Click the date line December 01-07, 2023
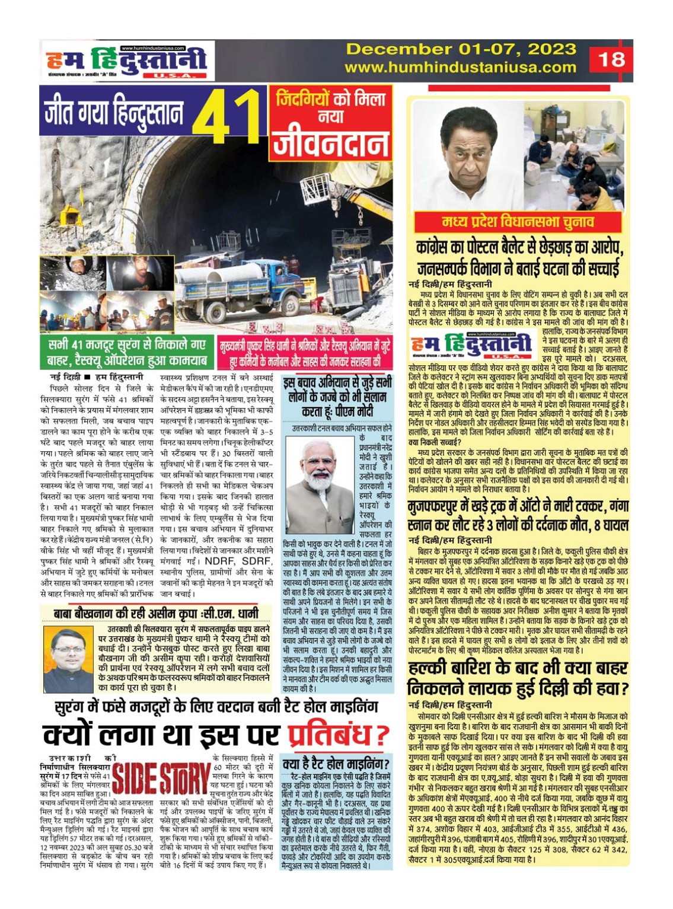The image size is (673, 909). pyautogui.click(x=461, y=49)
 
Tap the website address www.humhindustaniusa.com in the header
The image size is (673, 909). pyautogui.click(x=460, y=68)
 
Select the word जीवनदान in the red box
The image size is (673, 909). pyautogui.click(x=331, y=143)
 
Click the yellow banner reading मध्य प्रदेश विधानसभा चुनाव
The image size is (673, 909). pyautogui.click(x=518, y=222)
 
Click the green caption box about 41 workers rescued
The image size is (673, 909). pyautogui.click(x=127, y=352)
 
